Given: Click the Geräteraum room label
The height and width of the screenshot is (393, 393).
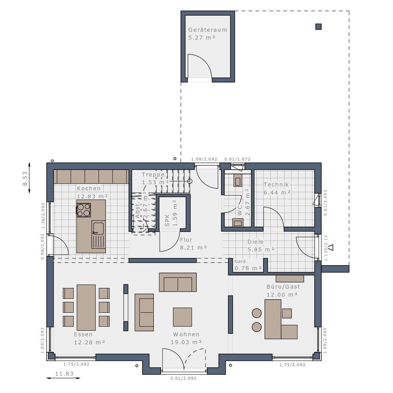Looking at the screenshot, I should coord(207,30).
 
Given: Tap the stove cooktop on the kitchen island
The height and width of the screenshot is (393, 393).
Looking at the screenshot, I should coord(84,210).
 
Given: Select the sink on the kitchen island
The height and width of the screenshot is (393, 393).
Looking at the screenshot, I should coord(98,229).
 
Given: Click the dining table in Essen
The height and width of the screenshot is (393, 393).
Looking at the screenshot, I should coord(86,308).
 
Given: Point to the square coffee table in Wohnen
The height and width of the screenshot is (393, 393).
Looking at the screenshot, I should coord(182,317).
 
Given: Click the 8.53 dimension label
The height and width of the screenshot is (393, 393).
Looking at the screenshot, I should coord(25,178).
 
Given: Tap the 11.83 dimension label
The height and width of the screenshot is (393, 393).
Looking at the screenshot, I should coord(64,374).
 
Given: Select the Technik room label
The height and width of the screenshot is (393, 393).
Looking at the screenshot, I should coord(276,185).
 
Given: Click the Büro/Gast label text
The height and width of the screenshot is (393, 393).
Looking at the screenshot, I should coord(283,287).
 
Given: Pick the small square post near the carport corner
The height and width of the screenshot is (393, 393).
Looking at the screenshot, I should coord(318,27).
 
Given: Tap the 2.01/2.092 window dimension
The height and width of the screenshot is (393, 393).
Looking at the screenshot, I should coord(183,378).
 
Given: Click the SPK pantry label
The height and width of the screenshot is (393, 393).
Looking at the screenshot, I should coord(167,220).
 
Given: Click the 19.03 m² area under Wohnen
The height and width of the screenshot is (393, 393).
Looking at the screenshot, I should coord(186,342).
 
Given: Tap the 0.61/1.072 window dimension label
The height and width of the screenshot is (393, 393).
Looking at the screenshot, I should coord(237,159).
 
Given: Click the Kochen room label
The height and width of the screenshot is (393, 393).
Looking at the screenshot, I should coord(89,189).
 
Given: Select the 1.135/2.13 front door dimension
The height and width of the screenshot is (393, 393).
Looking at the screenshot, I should coord(326,248).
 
